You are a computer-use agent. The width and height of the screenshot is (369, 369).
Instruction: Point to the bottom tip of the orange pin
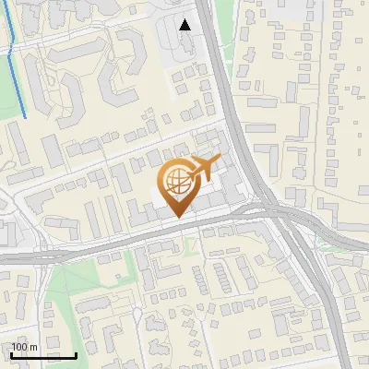tap(175, 219)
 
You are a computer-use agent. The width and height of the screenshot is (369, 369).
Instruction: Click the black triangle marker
tap(185, 25)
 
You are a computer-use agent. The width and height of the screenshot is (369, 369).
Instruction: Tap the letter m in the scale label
tap(33, 347)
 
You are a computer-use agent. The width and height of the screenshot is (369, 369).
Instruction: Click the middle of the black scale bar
tap(43, 355)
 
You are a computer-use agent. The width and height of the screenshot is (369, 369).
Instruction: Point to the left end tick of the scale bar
tap(12, 353)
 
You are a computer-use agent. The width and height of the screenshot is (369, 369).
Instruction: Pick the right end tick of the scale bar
tap(76, 353)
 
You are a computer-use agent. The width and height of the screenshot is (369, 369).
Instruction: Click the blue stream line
tap(12, 65)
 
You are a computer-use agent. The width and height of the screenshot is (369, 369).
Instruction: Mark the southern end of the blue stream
tap(25, 117)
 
